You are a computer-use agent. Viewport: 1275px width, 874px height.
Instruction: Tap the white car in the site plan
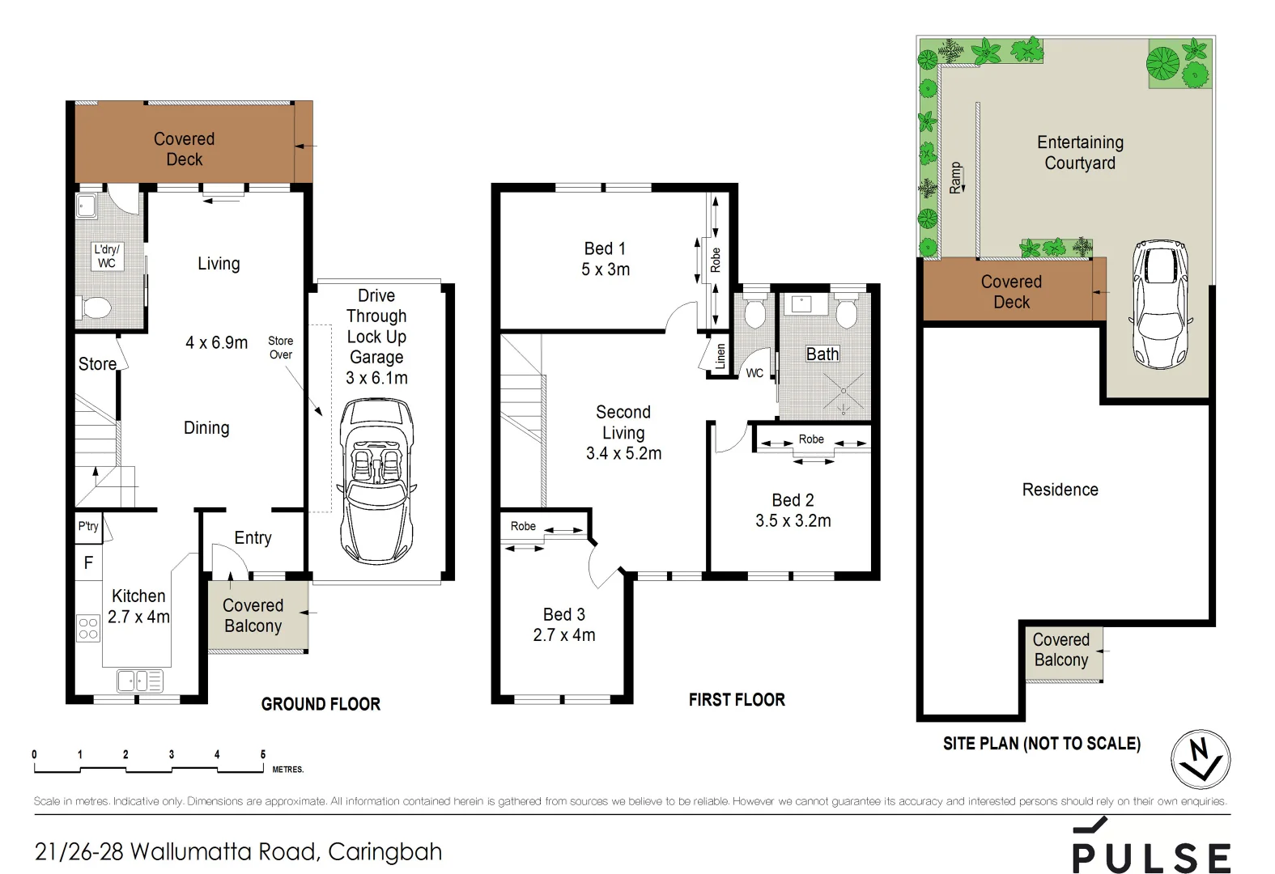pos(1159,303)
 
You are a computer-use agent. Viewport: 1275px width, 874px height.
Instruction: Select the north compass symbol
pos(1201,759)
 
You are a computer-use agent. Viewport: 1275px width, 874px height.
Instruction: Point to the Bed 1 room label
pos(605,249)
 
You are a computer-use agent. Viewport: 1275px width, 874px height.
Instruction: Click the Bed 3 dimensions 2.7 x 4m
pos(564,635)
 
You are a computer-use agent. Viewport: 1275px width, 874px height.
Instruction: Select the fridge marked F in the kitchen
pos(88,562)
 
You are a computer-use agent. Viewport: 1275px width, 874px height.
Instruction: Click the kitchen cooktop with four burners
pos(88,628)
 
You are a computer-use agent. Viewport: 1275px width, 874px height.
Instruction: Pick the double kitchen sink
pos(140,681)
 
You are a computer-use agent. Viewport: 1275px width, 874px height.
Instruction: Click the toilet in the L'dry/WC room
pos(96,308)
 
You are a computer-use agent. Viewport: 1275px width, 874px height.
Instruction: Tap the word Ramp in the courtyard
pos(956,177)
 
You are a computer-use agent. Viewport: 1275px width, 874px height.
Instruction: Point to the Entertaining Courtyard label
pos(1080,152)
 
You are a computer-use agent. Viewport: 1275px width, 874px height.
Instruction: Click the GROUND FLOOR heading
pos(321,704)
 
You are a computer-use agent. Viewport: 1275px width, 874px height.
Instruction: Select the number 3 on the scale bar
pos(171,754)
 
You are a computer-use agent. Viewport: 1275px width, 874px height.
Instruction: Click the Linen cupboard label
pos(720,356)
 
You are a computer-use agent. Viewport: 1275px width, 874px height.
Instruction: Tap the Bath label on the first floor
pos(822,354)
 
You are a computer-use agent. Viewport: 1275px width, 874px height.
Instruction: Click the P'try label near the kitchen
pos(88,526)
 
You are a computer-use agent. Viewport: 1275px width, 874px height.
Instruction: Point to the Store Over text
pos(281,347)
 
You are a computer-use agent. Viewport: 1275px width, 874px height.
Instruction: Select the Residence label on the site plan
pos(1060,490)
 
